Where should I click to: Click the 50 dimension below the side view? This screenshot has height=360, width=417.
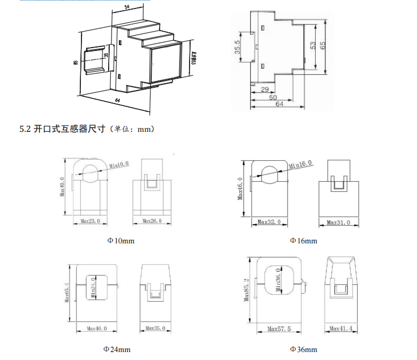(x=273, y=97)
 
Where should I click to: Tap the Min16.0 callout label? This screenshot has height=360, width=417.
(x=300, y=164)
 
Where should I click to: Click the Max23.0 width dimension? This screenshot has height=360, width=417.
(x=91, y=221)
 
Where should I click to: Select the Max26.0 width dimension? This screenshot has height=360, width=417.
(x=152, y=221)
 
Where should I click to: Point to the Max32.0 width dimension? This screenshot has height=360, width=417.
(x=269, y=222)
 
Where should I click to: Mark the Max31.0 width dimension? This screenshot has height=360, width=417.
(x=338, y=223)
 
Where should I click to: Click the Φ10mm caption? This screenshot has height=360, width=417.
(x=121, y=241)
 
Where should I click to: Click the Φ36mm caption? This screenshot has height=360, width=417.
(x=303, y=349)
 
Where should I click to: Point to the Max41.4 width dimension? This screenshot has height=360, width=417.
(x=341, y=328)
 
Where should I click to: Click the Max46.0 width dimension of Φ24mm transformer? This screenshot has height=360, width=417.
(x=94, y=328)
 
